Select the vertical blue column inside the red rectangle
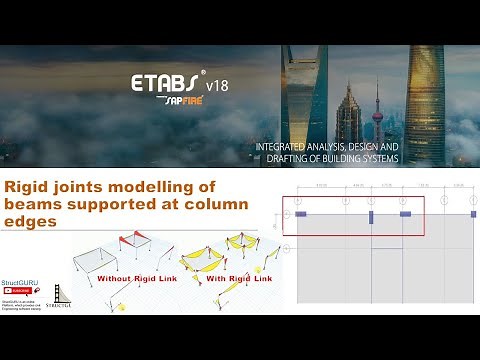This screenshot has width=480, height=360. (x=370, y=216)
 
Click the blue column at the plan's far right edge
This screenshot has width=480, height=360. (x=473, y=214)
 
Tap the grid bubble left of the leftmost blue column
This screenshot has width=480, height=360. (x=286, y=214)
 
